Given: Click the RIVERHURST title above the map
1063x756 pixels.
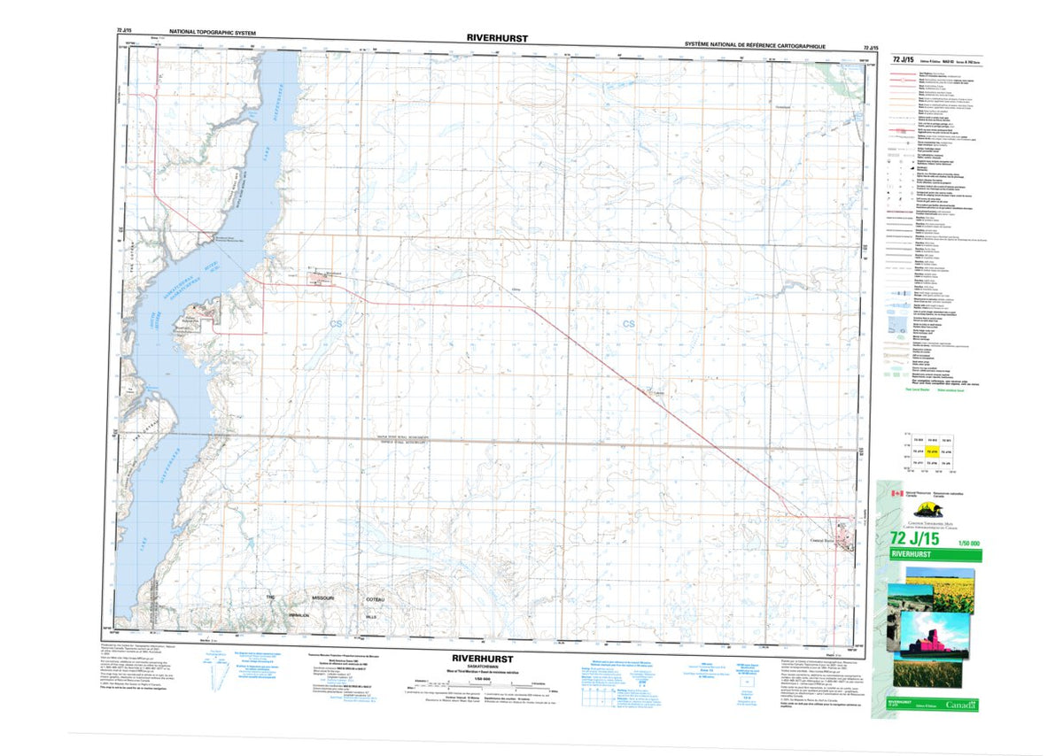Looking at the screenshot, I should pyautogui.click(x=495, y=38).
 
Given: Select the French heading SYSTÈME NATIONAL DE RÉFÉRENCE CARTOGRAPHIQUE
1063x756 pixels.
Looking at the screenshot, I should pyautogui.click(x=755, y=43).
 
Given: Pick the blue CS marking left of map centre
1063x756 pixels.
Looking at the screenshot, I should pyautogui.click(x=336, y=325).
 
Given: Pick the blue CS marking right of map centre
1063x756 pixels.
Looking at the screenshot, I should pyautogui.click(x=628, y=324).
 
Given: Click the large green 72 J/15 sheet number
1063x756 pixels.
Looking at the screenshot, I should pyautogui.click(x=921, y=537).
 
